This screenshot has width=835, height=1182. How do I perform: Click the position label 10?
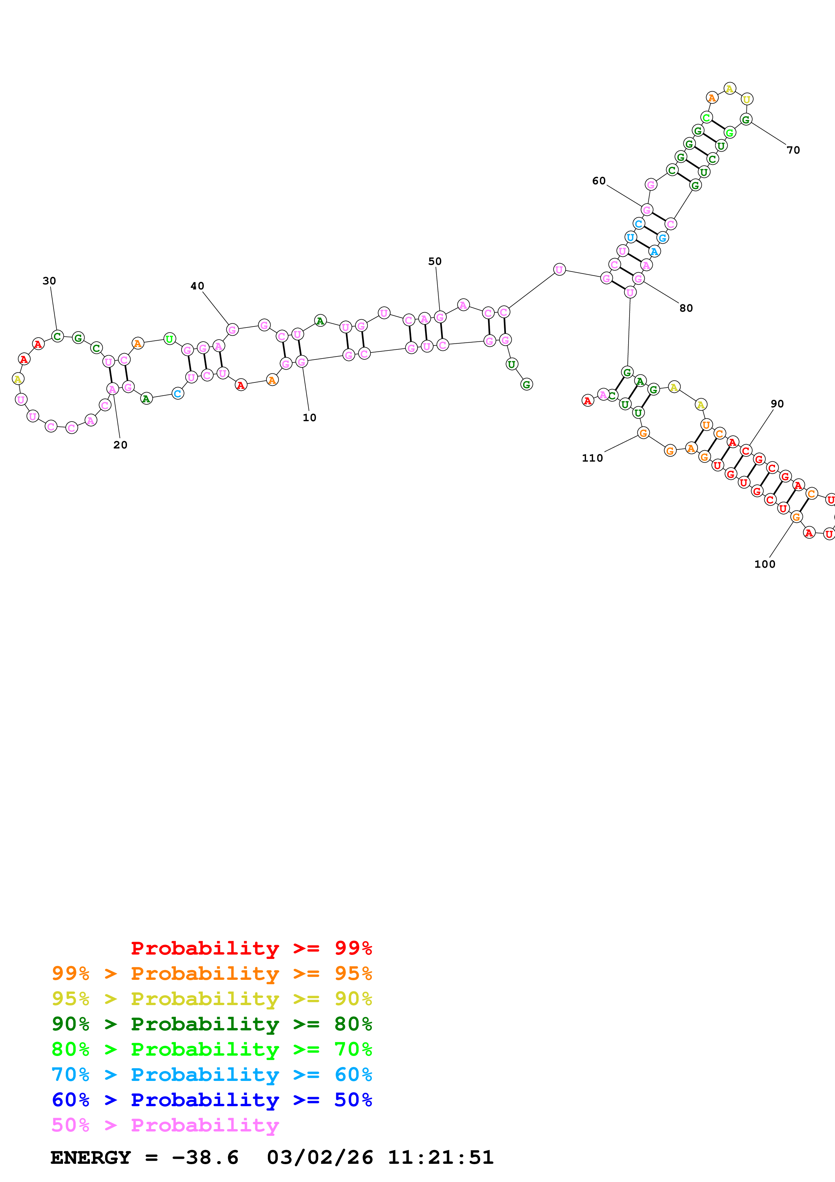point(309,417)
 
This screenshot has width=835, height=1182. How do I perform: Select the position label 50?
point(435,261)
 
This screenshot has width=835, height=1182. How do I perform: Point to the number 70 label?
point(793,150)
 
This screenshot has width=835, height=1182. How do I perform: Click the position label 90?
point(777,404)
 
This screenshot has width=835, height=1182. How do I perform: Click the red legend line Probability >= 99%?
point(251,948)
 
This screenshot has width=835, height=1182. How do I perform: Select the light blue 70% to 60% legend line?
point(212,1075)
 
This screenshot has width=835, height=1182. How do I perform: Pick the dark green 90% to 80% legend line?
point(212,1024)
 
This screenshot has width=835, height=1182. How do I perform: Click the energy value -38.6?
point(205,1157)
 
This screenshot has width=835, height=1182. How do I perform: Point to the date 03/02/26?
point(320,1157)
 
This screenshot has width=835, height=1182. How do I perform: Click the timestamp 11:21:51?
point(440,1157)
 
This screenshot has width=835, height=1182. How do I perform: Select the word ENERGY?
point(91,1157)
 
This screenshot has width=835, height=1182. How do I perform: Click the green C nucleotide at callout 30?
point(58,336)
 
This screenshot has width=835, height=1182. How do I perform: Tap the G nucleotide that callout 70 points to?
point(746,119)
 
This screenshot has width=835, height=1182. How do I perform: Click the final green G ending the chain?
point(526,384)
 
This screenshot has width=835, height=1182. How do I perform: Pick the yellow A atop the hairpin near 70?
point(730,89)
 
